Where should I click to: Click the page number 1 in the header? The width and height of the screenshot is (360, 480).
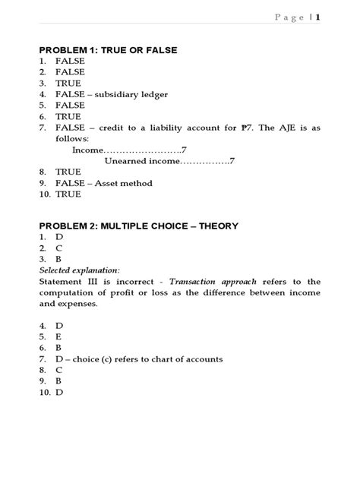coord(317,17)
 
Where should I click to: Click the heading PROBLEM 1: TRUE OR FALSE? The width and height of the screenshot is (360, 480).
coord(108,49)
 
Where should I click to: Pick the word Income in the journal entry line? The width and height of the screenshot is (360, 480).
coord(87,150)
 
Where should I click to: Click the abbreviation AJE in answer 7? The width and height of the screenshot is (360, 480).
coord(278,128)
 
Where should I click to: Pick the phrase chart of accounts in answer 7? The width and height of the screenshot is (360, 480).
coord(187,359)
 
